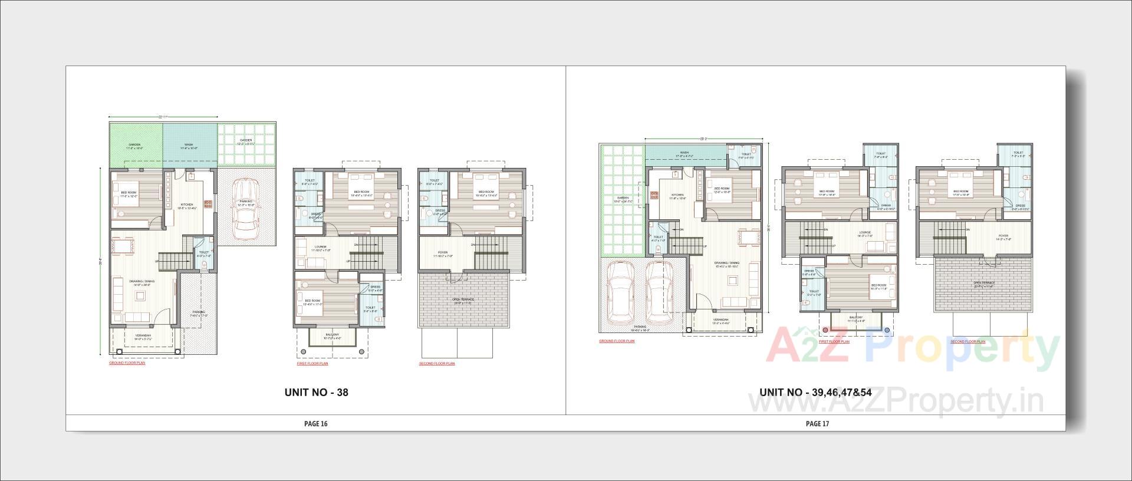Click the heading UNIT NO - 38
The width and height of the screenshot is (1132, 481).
coord(316,393)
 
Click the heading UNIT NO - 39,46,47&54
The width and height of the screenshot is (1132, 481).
coord(815,393)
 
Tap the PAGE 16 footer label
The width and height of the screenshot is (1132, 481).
coord(315,423)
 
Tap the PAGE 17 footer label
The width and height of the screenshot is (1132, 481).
coord(817,423)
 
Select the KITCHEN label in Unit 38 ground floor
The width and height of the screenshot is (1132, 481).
coord(187,205)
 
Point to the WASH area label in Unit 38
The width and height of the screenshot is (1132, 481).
coord(189,144)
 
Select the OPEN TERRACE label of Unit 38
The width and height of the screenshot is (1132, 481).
coord(463,299)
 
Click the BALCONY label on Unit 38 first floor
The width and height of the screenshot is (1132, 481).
coord(332,335)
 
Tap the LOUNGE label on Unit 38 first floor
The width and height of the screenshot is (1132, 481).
coord(321,246)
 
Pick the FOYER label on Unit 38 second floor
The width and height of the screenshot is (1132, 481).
coord(442,252)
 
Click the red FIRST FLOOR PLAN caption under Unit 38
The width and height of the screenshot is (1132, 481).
coord(312,364)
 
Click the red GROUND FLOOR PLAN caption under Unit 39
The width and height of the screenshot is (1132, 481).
coord(617,341)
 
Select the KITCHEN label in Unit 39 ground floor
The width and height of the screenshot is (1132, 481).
coord(677,195)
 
